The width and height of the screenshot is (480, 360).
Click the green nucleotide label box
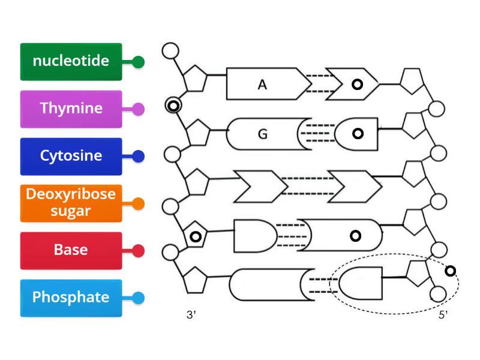click(x=71, y=61)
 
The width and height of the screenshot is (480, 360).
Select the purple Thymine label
click(x=71, y=109)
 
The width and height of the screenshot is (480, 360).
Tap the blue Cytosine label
click(x=71, y=156)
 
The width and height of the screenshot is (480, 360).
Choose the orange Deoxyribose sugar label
click(x=71, y=203)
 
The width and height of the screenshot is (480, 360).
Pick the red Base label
click(x=71, y=250)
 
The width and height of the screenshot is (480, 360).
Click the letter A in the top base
click(x=262, y=85)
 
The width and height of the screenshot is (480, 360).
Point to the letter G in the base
click(x=262, y=134)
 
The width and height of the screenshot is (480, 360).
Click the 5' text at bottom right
click(x=443, y=316)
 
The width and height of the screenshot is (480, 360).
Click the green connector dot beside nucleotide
click(x=138, y=62)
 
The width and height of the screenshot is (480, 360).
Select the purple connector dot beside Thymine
click(x=138, y=109)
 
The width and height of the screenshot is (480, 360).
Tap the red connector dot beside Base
click(x=138, y=251)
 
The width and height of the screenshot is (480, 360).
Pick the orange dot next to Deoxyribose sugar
click(x=138, y=204)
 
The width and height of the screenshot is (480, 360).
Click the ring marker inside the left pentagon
click(x=195, y=236)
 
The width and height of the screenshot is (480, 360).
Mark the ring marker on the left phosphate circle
click(x=173, y=106)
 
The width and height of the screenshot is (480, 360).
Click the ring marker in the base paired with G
click(x=358, y=133)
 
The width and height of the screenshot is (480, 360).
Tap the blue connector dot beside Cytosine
click(x=138, y=157)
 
